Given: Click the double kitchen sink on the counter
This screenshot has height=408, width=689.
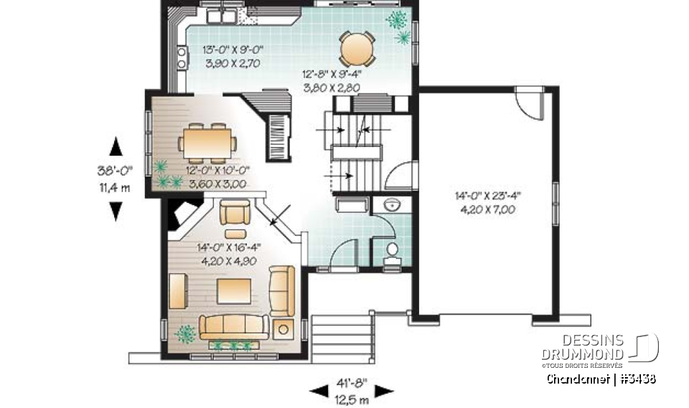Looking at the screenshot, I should [x=221, y=15].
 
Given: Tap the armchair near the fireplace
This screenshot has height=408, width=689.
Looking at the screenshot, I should [x=233, y=213].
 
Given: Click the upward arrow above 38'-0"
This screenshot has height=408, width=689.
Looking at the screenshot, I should [x=115, y=147].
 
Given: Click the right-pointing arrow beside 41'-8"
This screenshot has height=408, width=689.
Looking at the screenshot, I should [x=385, y=391].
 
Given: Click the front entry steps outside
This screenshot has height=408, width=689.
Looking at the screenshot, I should [x=342, y=336].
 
